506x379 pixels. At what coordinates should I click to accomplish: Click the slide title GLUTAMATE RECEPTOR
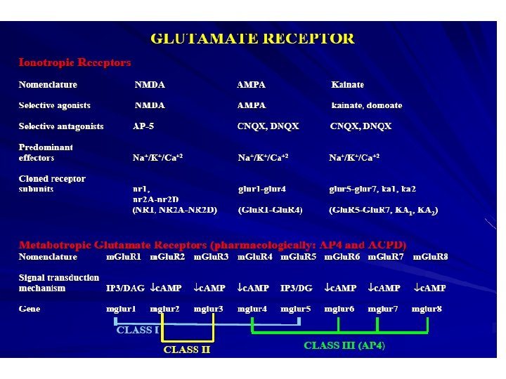click(x=253, y=38)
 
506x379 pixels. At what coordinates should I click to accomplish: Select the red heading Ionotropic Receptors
click(x=74, y=62)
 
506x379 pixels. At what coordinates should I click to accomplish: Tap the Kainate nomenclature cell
click(x=347, y=85)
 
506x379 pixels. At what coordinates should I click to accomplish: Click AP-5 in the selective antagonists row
click(x=143, y=126)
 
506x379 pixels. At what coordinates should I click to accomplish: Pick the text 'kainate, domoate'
click(x=366, y=105)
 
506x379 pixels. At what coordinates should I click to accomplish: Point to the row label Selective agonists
click(x=54, y=105)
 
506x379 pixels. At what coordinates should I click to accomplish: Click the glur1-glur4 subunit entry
click(x=262, y=189)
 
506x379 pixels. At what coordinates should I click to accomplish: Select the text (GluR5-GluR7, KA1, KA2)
click(x=383, y=210)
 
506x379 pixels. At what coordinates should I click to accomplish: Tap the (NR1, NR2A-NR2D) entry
click(x=174, y=210)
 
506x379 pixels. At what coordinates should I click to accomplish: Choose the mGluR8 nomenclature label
click(x=430, y=257)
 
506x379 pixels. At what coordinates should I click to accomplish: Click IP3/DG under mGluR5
click(x=297, y=288)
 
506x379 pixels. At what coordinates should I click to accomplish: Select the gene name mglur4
click(x=252, y=309)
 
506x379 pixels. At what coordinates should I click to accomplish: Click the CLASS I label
click(x=137, y=330)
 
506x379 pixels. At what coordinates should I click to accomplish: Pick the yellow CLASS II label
click(x=186, y=349)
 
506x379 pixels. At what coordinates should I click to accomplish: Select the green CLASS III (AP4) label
click(x=344, y=345)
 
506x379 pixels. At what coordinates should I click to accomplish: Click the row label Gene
click(x=30, y=309)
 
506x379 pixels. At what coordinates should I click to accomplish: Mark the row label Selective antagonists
click(x=61, y=126)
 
